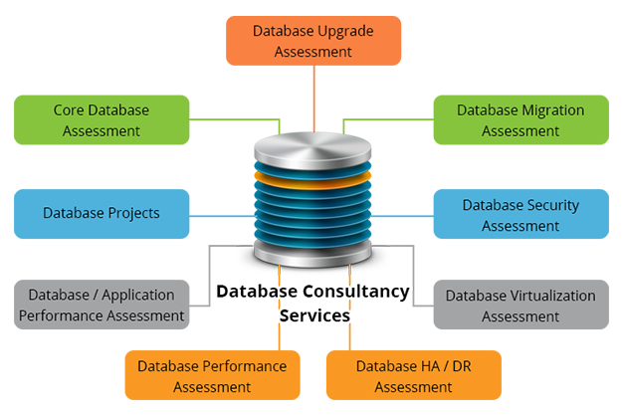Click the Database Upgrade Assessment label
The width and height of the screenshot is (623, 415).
tap(312, 41)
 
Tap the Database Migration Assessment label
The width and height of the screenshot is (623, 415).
tap(520, 119)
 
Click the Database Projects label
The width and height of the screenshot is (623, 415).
tap(101, 212)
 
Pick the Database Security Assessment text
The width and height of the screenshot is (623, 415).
tap(520, 215)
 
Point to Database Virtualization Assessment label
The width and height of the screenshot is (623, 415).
tap(520, 306)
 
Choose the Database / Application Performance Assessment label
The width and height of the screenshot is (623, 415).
tap(101, 305)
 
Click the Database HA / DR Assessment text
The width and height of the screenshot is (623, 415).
tap(413, 376)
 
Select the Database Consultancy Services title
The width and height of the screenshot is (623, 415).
tap(311, 303)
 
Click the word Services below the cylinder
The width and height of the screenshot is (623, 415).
tap(313, 313)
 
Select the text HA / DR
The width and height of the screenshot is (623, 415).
tap(439, 366)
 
